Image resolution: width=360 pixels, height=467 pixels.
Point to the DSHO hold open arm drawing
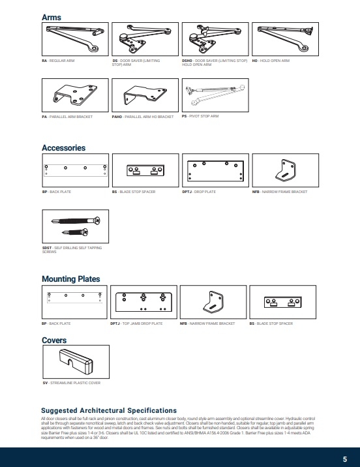pyautogui.click(x=212, y=39)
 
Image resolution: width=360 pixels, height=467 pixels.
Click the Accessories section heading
pyautogui.click(x=63, y=148)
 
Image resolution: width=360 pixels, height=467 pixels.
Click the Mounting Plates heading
pyautogui.click(x=70, y=279)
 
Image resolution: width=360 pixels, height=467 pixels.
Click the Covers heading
pyautogui.click(x=54, y=340)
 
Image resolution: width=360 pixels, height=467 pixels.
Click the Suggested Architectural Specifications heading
pyautogui.click(x=108, y=410)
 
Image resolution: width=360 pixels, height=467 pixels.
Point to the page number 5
pyautogui.click(x=344, y=459)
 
